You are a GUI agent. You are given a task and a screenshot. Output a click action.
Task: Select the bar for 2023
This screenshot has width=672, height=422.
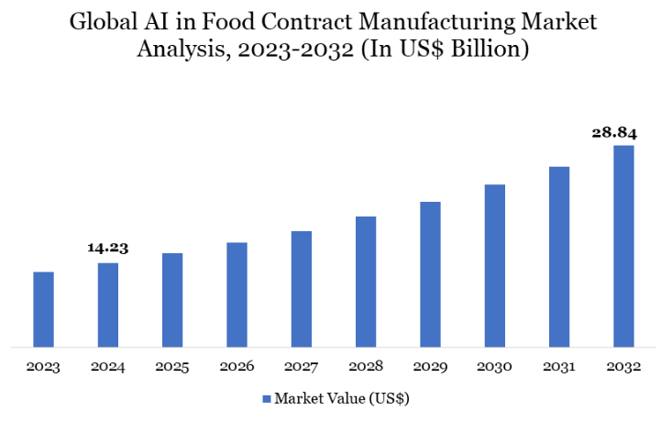(43, 310)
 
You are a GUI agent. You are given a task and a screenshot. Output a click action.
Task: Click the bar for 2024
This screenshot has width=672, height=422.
(108, 305)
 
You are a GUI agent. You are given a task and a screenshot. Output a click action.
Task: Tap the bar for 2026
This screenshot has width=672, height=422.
(237, 295)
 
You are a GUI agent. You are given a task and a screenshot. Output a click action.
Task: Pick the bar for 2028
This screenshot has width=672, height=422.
(366, 283)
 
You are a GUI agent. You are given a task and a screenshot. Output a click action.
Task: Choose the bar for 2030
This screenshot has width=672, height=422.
(495, 266)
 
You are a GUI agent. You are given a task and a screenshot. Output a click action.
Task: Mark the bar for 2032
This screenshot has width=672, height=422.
(623, 247)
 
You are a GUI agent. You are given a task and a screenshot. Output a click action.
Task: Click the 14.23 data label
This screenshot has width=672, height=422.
(108, 247)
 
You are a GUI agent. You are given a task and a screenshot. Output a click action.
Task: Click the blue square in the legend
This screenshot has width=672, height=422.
(267, 399)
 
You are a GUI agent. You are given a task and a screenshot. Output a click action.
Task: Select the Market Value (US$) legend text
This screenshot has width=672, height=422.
(341, 399)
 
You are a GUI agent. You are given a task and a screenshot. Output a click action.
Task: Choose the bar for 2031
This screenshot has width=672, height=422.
(559, 257)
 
